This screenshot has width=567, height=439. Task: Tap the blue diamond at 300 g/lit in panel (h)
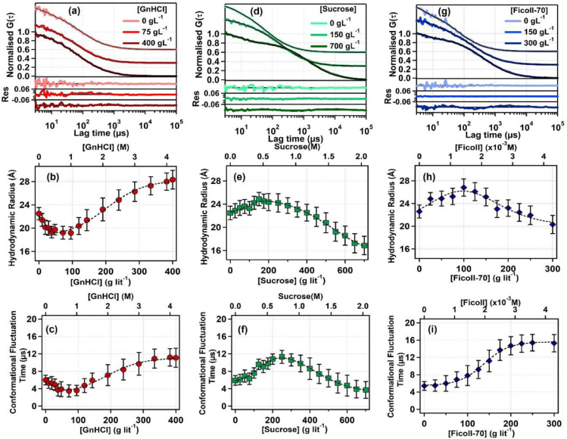[x=553, y=224]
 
